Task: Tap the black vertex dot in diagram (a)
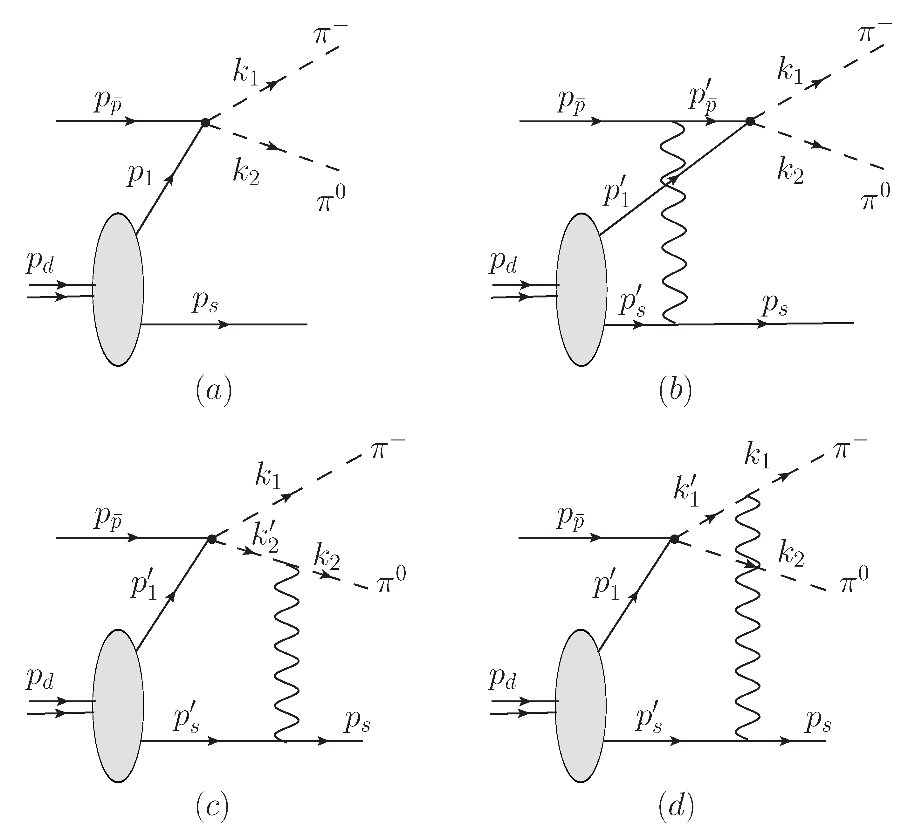click(x=205, y=122)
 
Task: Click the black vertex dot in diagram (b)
click(x=750, y=121)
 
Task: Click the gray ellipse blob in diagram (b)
click(x=581, y=290)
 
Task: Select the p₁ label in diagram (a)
click(x=141, y=176)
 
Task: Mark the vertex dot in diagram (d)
click(x=674, y=539)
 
